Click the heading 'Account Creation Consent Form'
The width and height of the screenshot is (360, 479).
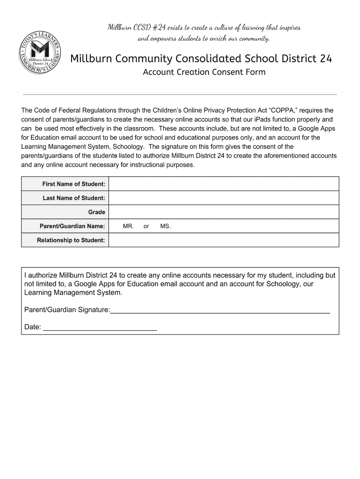click(204, 72)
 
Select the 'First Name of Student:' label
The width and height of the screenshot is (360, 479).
click(73, 184)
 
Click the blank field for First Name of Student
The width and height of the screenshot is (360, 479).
click(223, 184)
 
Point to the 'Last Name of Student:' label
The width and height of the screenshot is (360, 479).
click(74, 198)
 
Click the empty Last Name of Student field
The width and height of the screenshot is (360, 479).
click(223, 198)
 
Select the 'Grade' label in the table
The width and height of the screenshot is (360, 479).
click(96, 212)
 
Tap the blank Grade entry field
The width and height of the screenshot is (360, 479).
click(223, 212)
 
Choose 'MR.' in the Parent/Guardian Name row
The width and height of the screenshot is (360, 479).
click(129, 226)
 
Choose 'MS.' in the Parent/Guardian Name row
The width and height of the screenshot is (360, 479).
click(166, 226)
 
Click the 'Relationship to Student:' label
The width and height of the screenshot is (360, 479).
click(71, 240)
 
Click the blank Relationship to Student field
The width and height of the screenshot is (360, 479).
click(223, 240)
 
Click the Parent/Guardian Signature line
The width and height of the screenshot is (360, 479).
click(220, 310)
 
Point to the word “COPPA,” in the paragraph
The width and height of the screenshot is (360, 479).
click(281, 111)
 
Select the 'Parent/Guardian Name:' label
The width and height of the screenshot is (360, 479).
click(72, 226)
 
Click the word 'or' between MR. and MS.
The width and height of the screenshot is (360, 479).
click(146, 226)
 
